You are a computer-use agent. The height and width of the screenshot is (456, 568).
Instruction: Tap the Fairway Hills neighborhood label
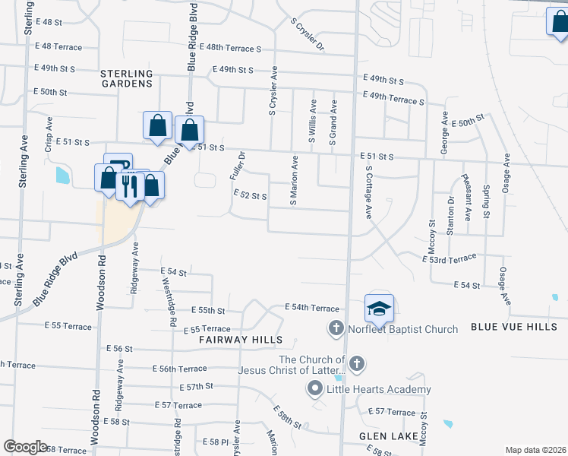coord(241,340)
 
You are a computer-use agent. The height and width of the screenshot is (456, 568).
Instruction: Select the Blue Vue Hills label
coord(514,327)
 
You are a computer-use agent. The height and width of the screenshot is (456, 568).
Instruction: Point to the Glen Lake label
coord(386,436)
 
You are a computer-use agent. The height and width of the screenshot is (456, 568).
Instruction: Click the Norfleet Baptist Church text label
coord(402,329)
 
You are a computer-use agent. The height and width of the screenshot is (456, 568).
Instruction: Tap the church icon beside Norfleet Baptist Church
coord(336,329)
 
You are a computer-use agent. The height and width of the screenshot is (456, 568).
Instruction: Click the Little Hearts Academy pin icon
coord(315,389)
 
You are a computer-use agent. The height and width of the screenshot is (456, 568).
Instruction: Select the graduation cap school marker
coord(379,309)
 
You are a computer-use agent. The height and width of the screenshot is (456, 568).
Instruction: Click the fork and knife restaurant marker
coord(130,185)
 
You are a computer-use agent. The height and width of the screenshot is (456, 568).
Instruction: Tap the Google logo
coord(25,447)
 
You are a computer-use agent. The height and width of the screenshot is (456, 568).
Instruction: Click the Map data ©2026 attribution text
coord(535,450)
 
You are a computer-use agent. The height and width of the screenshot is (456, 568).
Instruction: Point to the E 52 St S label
coord(249,196)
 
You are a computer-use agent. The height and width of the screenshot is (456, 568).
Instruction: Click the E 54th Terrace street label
coord(311,306)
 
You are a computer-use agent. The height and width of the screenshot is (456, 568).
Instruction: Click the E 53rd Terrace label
coord(449,258)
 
